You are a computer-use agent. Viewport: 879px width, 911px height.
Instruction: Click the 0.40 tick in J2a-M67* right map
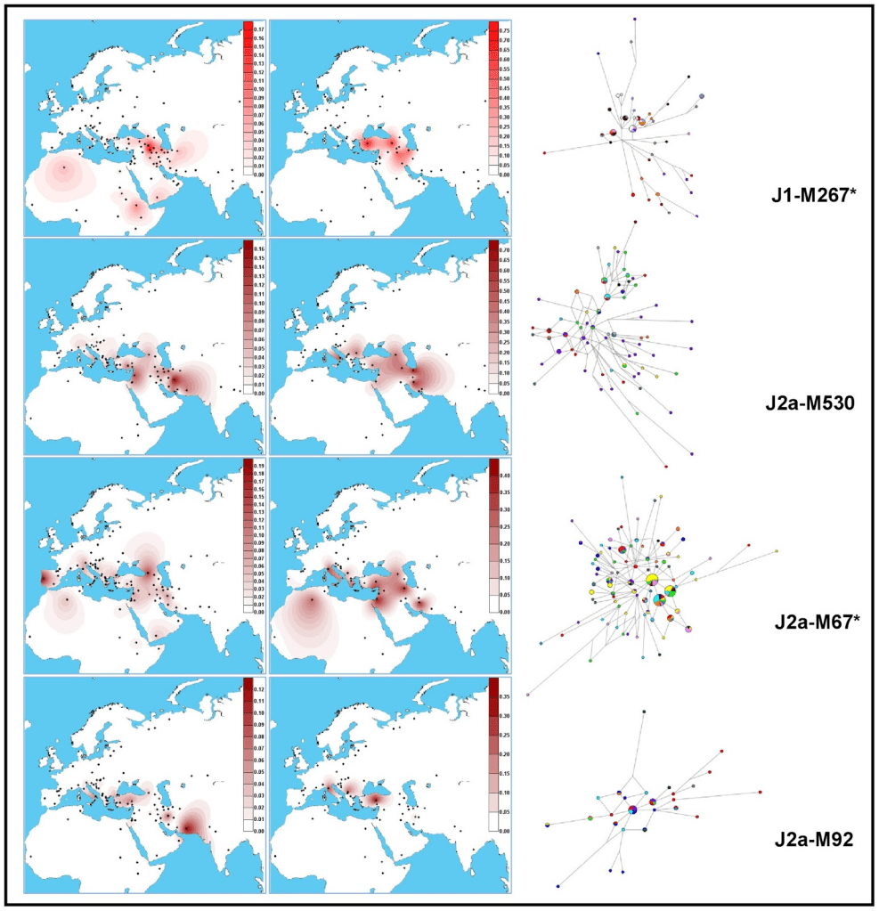pyautogui.click(x=503, y=475)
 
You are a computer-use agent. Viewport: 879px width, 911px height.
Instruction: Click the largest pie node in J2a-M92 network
pyautogui.click(x=632, y=809)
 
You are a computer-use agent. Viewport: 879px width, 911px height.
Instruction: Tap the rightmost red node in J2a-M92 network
pyautogui.click(x=761, y=792)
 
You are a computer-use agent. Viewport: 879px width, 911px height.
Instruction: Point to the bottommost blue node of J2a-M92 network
pyautogui.click(x=558, y=886)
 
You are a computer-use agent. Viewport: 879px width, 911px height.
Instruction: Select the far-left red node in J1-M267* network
pyautogui.click(x=544, y=153)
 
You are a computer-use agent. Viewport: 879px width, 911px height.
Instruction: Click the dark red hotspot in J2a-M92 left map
pyautogui.click(x=189, y=828)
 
